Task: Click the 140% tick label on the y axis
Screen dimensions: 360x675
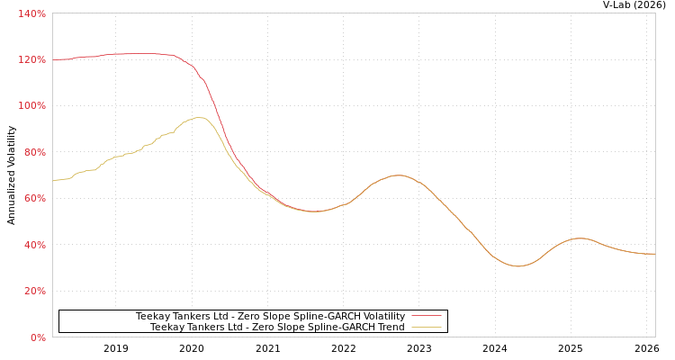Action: (x=31, y=13)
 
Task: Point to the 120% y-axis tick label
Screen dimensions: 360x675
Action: (x=31, y=59)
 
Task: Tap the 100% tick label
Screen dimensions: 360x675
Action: (x=31, y=106)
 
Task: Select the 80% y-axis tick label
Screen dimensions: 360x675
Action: (x=33, y=152)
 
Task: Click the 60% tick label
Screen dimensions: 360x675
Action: (x=33, y=199)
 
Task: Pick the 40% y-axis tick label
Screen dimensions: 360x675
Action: (x=33, y=245)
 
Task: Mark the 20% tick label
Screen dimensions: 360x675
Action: (x=33, y=292)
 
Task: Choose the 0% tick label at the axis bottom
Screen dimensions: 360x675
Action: (x=37, y=337)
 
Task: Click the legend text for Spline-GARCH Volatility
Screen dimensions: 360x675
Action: (x=270, y=316)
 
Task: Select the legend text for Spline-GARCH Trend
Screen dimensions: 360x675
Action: (x=277, y=327)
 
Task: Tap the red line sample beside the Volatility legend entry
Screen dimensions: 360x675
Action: (x=426, y=316)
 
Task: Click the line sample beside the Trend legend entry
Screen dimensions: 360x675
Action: (x=426, y=327)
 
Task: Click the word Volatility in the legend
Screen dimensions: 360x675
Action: (x=382, y=316)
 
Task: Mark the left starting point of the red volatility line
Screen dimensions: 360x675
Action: (x=53, y=60)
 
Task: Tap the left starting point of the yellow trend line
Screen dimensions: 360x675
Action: (x=53, y=181)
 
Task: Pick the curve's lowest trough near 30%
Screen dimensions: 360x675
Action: (x=517, y=266)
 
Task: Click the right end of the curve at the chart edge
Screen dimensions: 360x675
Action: (x=654, y=254)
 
